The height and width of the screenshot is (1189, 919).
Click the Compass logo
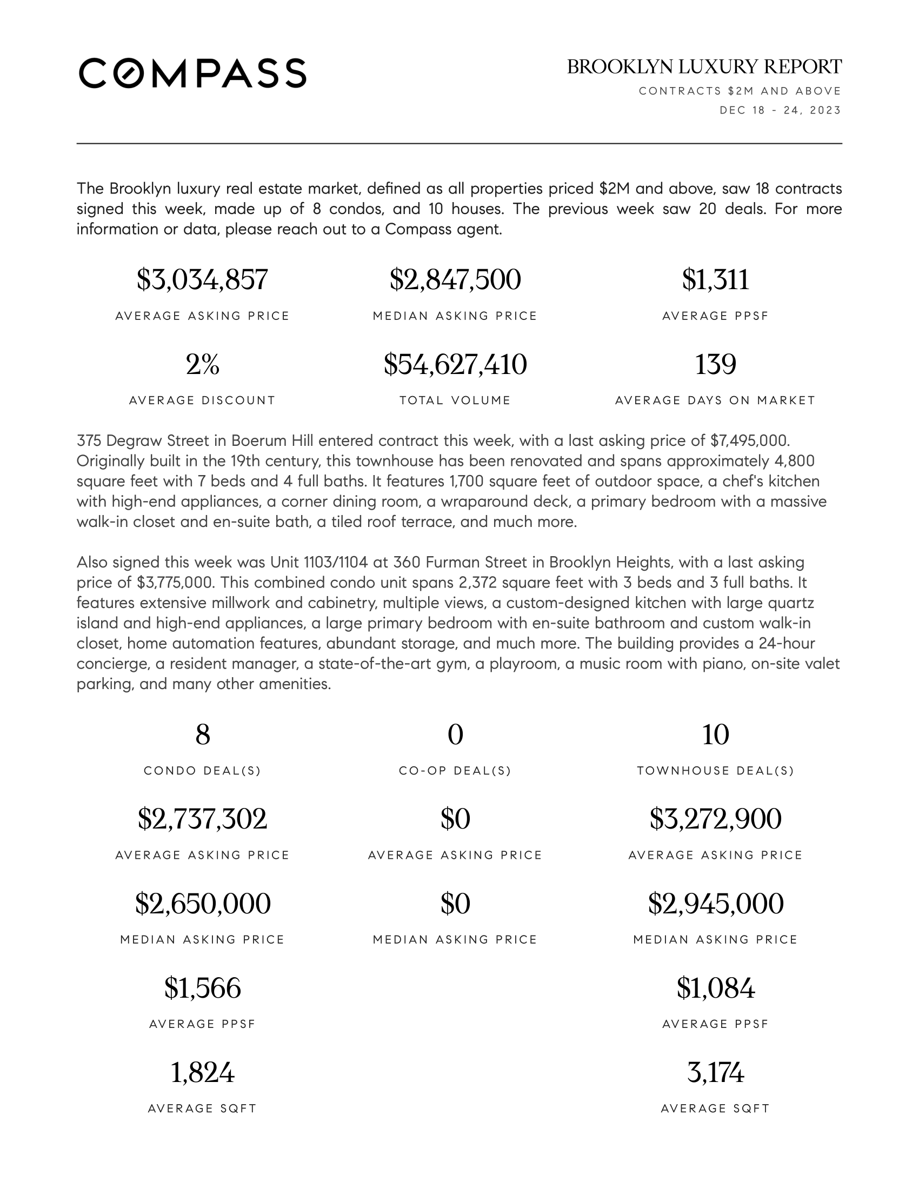[x=192, y=73]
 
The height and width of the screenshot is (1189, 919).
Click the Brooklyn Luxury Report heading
[x=704, y=67]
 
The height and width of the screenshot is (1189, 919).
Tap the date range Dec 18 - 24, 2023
[x=780, y=110]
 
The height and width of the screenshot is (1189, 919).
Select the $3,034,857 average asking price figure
[x=202, y=280]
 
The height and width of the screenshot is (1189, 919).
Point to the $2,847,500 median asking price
[x=455, y=280]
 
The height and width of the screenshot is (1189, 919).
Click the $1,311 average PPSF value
[x=715, y=280]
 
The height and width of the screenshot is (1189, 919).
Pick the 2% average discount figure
[x=202, y=364]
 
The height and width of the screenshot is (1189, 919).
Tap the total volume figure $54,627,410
[x=455, y=364]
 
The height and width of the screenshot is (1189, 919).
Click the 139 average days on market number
[x=715, y=364]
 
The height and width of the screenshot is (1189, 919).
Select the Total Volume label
[x=455, y=400]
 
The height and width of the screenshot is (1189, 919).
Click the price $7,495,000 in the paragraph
[x=750, y=440]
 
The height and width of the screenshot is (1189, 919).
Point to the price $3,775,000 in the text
[x=174, y=583]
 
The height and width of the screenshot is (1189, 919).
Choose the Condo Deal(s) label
[x=202, y=771]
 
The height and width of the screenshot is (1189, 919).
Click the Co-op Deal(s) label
[x=455, y=771]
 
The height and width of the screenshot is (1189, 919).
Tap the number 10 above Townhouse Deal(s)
[x=715, y=735]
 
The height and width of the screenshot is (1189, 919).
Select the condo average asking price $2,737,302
[x=202, y=819]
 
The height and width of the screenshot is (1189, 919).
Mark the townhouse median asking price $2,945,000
[x=715, y=904]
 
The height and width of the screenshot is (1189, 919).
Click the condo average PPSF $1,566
[x=202, y=988]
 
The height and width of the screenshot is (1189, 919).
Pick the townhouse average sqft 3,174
[x=715, y=1073]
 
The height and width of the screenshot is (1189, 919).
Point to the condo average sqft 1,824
[x=202, y=1073]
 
